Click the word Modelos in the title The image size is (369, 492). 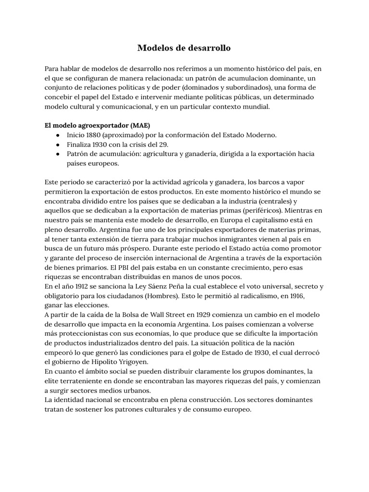click(154, 48)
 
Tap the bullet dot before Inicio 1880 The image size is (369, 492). click(58, 135)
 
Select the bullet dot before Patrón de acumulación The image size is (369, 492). click(58, 154)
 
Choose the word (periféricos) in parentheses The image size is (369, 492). click(263, 210)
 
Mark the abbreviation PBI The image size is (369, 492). click(132, 268)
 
